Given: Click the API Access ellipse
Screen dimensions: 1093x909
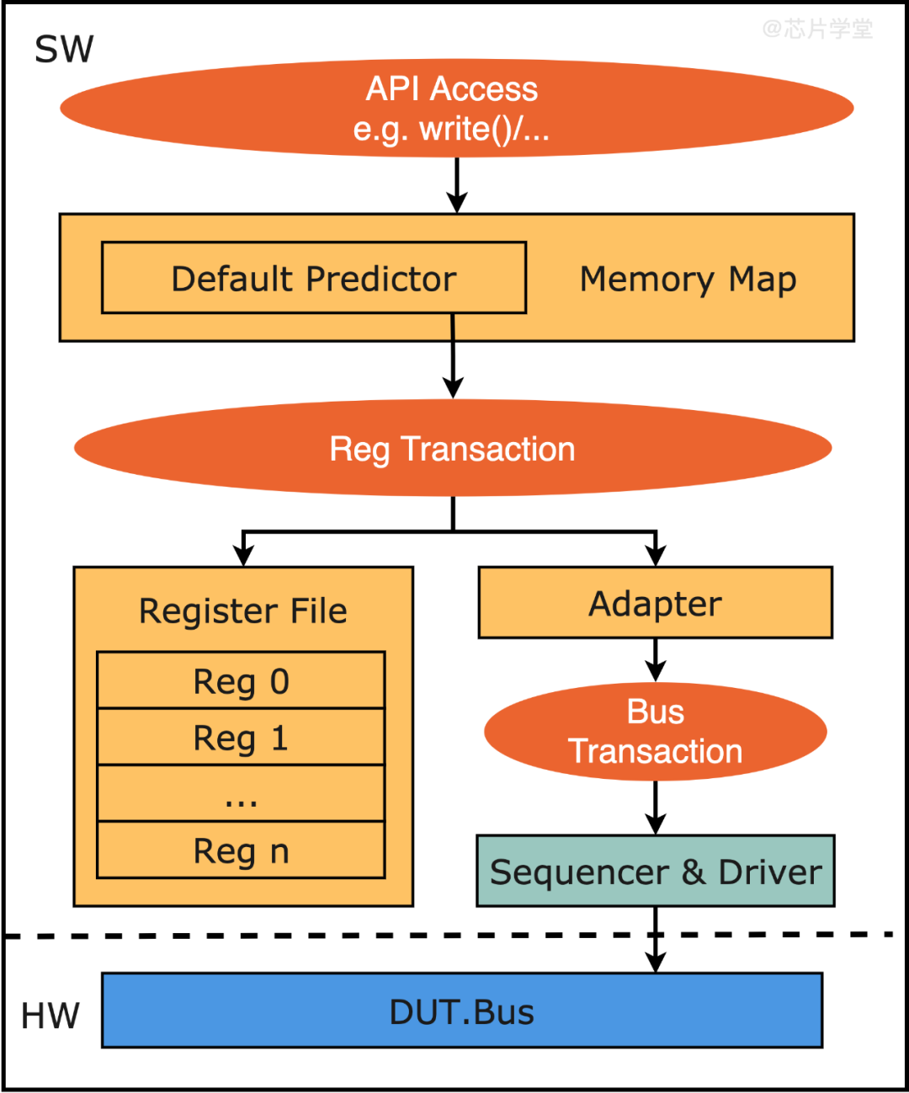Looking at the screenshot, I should (456, 109).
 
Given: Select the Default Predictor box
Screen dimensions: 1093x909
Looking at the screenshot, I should (314, 279).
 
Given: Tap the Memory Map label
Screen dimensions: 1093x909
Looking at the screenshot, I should (688, 280).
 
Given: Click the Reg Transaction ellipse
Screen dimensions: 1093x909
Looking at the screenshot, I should (453, 449).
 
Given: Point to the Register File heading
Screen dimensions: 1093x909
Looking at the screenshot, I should (242, 610).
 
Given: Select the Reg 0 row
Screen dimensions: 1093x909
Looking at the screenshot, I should (241, 680).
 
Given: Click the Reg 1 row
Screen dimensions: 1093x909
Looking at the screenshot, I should (241, 738).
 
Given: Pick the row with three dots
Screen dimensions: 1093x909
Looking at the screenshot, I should (241, 794).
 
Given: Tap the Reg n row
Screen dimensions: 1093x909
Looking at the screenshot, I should (241, 850).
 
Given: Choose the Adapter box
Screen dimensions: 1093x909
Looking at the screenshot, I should (655, 603).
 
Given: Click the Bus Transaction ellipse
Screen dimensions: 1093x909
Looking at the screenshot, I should (655, 732).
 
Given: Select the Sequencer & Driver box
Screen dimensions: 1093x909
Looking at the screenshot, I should (655, 872).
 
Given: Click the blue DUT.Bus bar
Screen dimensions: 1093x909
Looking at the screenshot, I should (461, 1011).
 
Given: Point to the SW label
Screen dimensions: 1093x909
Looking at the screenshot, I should (64, 50).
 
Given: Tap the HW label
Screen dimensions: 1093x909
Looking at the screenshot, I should (50, 1016).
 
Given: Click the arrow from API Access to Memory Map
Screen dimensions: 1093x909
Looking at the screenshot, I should (457, 184).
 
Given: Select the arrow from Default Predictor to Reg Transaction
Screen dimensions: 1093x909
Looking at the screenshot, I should (453, 362).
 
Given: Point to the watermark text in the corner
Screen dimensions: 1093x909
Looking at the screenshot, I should (817, 29).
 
